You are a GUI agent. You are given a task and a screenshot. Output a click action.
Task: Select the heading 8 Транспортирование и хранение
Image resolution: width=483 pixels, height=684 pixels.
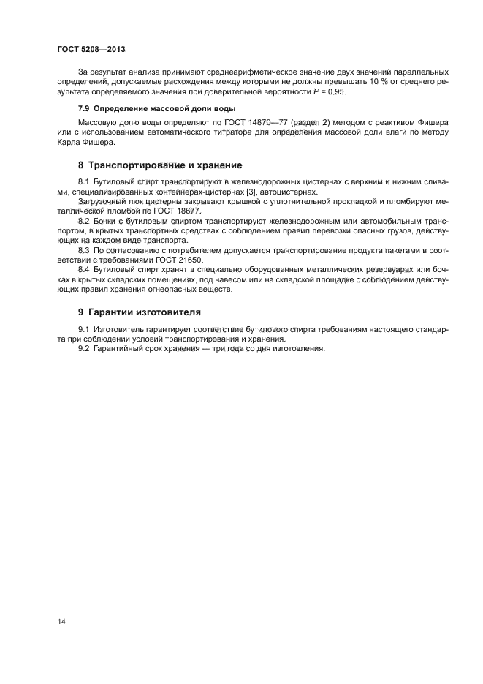(x=160, y=165)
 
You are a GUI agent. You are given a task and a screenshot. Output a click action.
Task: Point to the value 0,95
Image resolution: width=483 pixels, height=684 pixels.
(x=338, y=91)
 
